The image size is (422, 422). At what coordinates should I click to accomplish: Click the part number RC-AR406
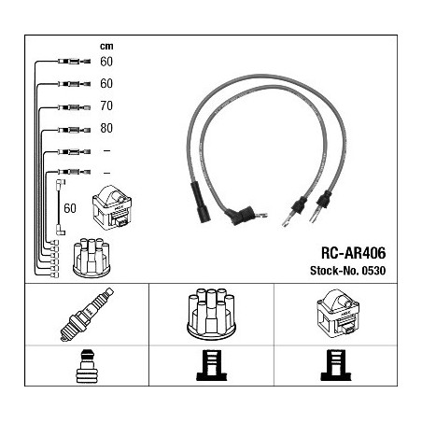(353, 253)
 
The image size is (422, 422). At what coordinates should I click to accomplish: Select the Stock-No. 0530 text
(347, 271)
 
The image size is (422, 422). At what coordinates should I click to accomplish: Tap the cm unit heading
(106, 47)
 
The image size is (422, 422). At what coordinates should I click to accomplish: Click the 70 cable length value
(106, 105)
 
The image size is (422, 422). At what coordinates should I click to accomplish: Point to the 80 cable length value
(106, 128)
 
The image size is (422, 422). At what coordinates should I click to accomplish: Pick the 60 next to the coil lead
(70, 208)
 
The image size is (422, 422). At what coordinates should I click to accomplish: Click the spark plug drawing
(87, 315)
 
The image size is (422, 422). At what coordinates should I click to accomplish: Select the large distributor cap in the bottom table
(211, 314)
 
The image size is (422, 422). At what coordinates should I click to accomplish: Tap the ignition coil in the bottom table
(338, 312)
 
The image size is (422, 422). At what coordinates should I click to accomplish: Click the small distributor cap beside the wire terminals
(91, 258)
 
